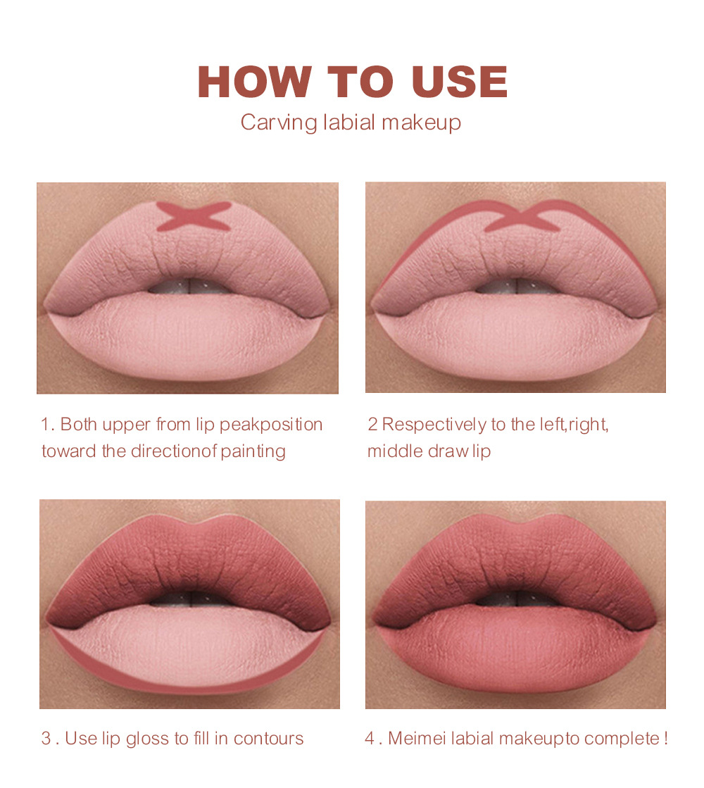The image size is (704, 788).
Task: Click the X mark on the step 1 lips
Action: [x=194, y=216]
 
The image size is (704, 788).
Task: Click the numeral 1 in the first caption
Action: [x=45, y=425]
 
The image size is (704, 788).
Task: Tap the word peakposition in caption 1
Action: [x=271, y=425]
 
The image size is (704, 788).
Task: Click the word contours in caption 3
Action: [x=268, y=739]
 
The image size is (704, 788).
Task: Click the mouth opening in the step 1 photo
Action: [x=189, y=287]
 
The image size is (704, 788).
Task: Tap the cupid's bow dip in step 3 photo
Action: [x=189, y=526]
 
